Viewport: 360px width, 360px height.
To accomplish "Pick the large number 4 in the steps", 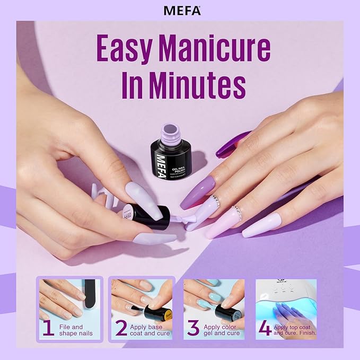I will [x=265, y=329].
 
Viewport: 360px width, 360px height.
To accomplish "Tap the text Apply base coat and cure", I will [x=150, y=330].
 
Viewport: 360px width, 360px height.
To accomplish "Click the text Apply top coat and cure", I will [x=295, y=330].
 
